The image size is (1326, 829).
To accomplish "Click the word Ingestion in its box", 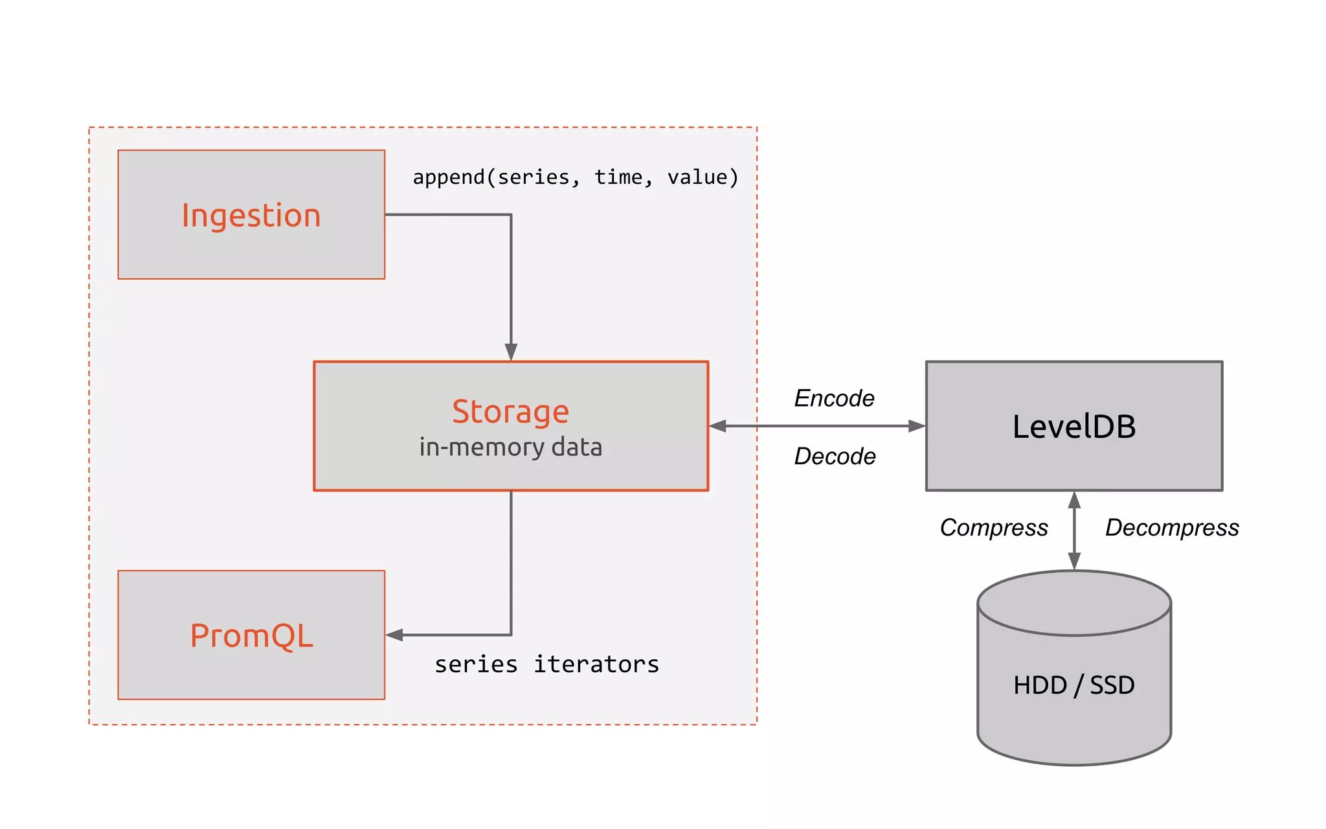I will click(251, 216).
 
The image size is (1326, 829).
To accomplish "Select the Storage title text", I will click(510, 412).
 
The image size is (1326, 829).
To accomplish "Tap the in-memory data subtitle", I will click(510, 448).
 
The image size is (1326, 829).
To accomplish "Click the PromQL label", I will click(251, 635).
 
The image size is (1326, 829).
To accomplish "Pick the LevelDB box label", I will click(1073, 427).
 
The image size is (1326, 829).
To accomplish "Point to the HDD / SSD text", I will click(1073, 685).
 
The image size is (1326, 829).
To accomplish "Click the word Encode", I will click(834, 398).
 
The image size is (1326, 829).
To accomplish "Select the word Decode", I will click(835, 457).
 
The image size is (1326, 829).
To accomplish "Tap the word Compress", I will click(993, 528).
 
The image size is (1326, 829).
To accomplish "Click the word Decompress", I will click(1171, 528).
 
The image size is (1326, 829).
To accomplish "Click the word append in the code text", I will click(449, 177).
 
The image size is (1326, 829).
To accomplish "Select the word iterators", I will click(596, 664).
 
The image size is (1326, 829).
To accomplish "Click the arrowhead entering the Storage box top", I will click(511, 352).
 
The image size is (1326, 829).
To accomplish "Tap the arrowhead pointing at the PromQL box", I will click(394, 635).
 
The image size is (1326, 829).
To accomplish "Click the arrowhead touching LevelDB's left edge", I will click(917, 426).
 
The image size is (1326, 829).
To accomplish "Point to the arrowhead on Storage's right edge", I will click(718, 426).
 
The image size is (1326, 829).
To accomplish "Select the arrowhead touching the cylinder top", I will click(1074, 561).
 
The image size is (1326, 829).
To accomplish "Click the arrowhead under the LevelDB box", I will click(1074, 500).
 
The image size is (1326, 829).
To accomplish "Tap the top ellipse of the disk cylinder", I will click(1073, 602).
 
